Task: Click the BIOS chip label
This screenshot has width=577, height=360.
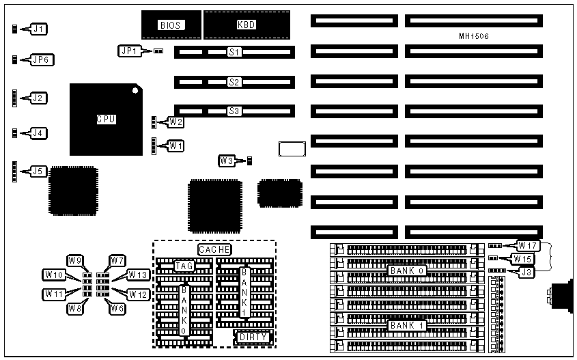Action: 170,25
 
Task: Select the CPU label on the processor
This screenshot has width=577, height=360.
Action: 106,119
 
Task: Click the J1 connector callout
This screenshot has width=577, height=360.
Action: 40,29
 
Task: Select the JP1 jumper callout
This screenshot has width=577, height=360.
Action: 128,51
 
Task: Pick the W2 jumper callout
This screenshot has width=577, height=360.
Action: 176,122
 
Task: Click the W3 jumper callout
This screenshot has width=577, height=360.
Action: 227,161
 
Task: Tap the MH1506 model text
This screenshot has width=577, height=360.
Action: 474,36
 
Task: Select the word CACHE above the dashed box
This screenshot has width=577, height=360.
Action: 214,250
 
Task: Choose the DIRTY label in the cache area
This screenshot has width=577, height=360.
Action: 253,337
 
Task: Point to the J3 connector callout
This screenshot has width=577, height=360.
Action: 526,273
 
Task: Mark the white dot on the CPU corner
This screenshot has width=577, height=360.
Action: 136,90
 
